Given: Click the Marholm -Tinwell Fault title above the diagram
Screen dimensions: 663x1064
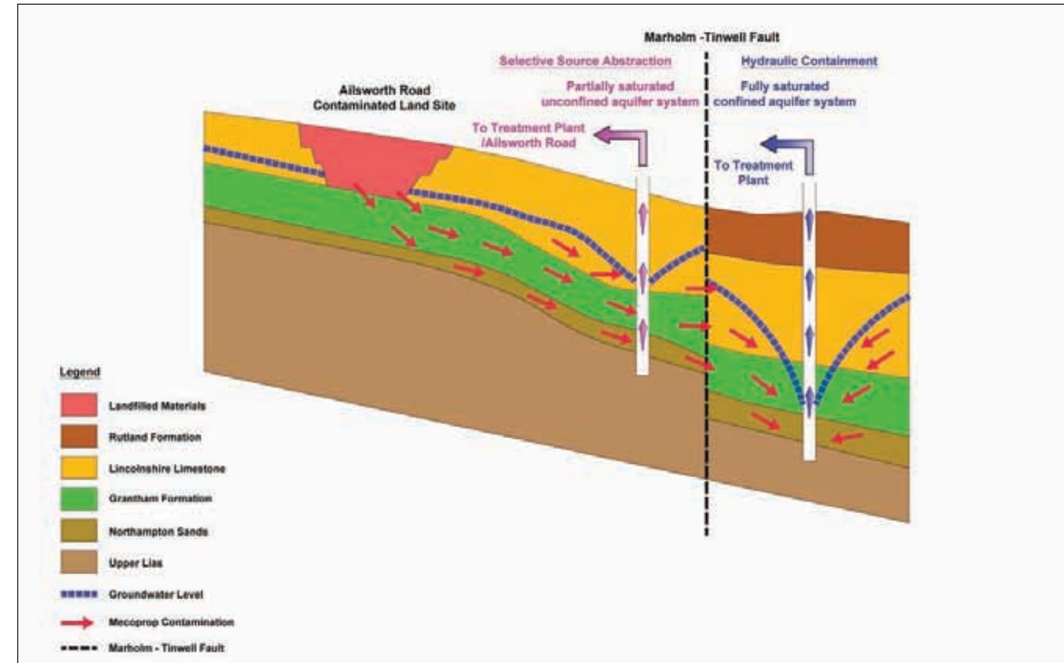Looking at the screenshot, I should [x=711, y=38].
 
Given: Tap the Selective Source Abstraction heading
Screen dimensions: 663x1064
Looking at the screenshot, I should [x=585, y=61].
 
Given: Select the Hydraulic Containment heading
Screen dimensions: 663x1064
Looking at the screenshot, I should [x=809, y=61].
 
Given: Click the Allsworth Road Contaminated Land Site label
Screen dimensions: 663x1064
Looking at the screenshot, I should [x=384, y=98].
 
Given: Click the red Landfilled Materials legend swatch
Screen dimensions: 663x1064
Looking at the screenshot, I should [x=79, y=405].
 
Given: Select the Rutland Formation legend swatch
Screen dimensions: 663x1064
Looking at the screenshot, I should [x=79, y=437].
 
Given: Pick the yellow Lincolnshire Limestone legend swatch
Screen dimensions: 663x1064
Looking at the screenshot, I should [x=79, y=468].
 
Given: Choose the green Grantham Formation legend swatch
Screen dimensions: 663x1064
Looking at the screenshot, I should [x=79, y=499].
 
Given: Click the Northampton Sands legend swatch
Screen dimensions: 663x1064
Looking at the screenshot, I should [x=79, y=531].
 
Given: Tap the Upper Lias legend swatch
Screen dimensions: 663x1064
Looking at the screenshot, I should [x=79, y=562].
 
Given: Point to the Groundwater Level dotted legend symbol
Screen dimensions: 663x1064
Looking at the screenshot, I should [x=79, y=594].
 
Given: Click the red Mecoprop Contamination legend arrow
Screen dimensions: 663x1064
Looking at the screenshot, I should [x=77, y=622].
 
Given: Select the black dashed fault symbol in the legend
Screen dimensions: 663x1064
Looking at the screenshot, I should [x=79, y=648].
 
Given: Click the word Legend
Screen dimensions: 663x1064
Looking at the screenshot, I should [x=79, y=372].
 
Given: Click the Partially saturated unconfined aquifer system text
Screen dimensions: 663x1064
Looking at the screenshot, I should [x=620, y=94].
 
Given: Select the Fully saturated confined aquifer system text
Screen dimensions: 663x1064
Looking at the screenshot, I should [x=785, y=94].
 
